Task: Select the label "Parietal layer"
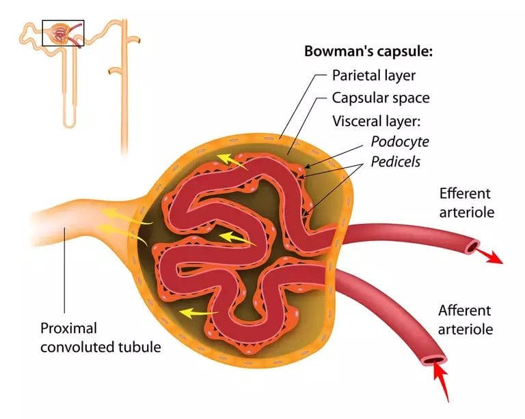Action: (x=373, y=75)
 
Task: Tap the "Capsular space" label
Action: (x=380, y=98)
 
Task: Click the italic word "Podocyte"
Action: (x=399, y=142)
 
